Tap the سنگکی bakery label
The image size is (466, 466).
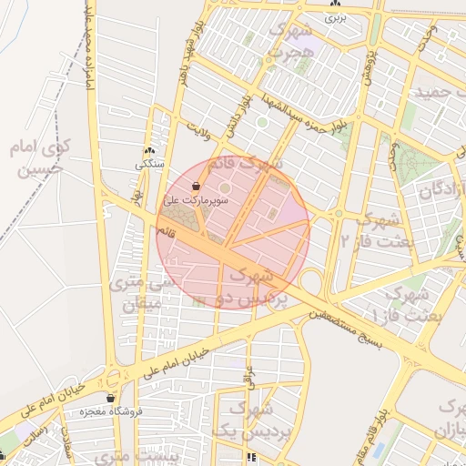[x=150, y=165]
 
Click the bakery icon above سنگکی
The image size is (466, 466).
[x=150, y=152]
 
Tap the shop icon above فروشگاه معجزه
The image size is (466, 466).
[x=110, y=399]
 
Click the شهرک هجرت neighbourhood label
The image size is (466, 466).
[x=290, y=41]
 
